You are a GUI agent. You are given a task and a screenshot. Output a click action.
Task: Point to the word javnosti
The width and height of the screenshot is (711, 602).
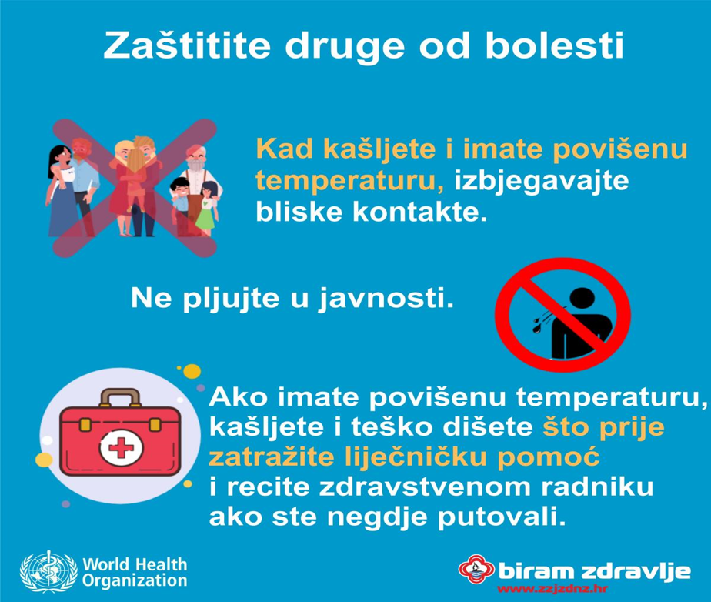pyautogui.click(x=386, y=299)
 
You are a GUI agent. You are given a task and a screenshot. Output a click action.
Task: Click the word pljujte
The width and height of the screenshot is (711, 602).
pyautogui.click(x=232, y=299)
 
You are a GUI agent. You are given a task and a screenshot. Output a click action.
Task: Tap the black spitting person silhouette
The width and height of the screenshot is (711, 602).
pyautogui.click(x=573, y=324)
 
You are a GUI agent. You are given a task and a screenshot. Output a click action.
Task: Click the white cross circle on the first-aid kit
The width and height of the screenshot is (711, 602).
pyautogui.click(x=121, y=449)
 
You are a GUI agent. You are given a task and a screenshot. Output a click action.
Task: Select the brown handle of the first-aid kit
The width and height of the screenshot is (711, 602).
pyautogui.click(x=120, y=398)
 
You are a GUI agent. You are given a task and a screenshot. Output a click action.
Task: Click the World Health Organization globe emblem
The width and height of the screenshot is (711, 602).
pyautogui.click(x=48, y=572)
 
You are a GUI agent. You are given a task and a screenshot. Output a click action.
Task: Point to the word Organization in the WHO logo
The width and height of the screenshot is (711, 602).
pyautogui.click(x=135, y=581)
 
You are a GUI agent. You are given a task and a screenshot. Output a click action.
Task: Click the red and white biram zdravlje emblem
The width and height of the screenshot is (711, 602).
pyautogui.click(x=476, y=570)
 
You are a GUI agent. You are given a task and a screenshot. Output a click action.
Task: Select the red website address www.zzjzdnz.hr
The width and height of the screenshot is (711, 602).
pyautogui.click(x=552, y=590)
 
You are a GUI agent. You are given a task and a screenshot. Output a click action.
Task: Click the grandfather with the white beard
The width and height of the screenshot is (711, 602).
pyautogui.click(x=196, y=186)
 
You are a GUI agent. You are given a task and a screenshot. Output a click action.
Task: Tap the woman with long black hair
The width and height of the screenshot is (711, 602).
pyautogui.click(x=62, y=191)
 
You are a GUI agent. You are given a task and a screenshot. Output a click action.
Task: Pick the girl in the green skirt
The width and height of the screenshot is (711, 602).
pyautogui.click(x=207, y=209)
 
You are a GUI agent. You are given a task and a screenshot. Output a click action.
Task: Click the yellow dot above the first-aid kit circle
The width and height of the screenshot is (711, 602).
pyautogui.click(x=192, y=371)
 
